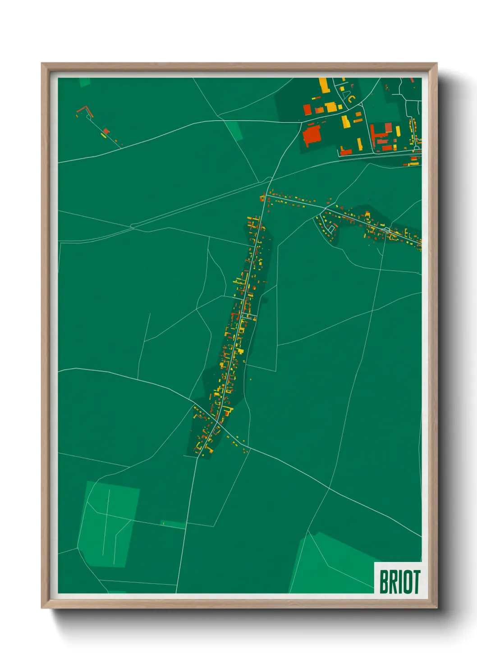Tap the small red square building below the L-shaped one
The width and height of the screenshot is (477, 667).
(x=106, y=131)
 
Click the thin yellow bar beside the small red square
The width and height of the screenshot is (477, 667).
(x=103, y=135)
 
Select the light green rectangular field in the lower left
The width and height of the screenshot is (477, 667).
(x=108, y=523)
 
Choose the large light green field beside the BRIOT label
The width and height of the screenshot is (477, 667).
(x=331, y=566)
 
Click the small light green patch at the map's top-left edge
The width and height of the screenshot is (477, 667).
(x=84, y=82)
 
